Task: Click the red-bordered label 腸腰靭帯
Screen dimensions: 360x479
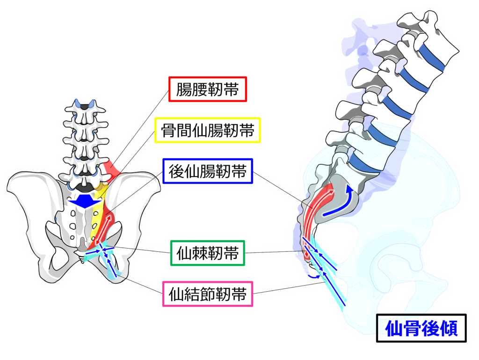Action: (x=207, y=89)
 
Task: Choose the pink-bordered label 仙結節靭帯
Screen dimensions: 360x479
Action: (x=207, y=294)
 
